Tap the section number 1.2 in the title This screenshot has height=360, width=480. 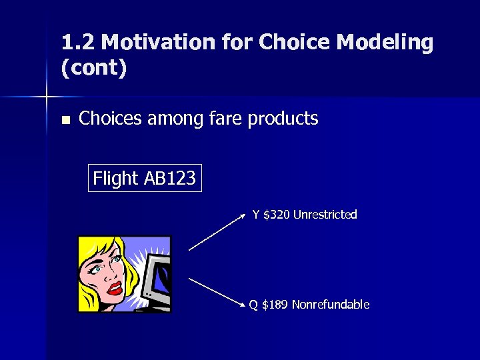coord(77,43)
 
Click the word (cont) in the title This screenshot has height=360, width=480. coord(94,68)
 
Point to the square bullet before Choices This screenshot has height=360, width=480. coord(65,121)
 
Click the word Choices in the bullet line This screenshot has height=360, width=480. coord(110,119)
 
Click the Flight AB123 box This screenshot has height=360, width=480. coord(145,179)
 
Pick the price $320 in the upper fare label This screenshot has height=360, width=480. coord(277,215)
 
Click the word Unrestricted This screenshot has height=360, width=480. coord(325,215)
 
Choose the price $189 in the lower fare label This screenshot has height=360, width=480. coord(275,305)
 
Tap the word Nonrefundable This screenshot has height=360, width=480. coord(330,305)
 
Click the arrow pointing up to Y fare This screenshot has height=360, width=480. coord(217,232)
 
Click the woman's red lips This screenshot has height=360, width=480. coord(115,289)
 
